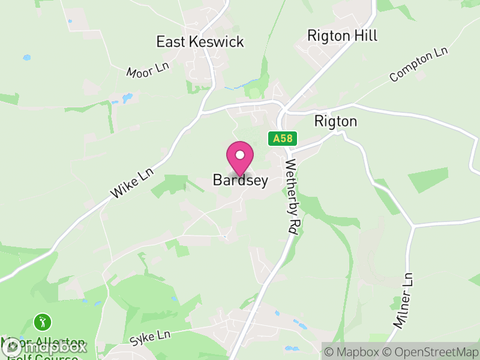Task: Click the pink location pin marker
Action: pos(240,158)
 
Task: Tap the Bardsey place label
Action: pos(240,180)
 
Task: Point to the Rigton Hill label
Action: pos(342,36)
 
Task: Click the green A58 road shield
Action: pos(282,139)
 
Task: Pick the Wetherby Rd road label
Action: pos(292,196)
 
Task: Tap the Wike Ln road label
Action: pos(132,184)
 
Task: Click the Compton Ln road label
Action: pos(419,65)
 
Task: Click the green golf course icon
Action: pos(42,322)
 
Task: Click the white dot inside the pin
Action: pos(240,155)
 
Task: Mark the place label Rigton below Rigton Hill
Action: pos(335,122)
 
